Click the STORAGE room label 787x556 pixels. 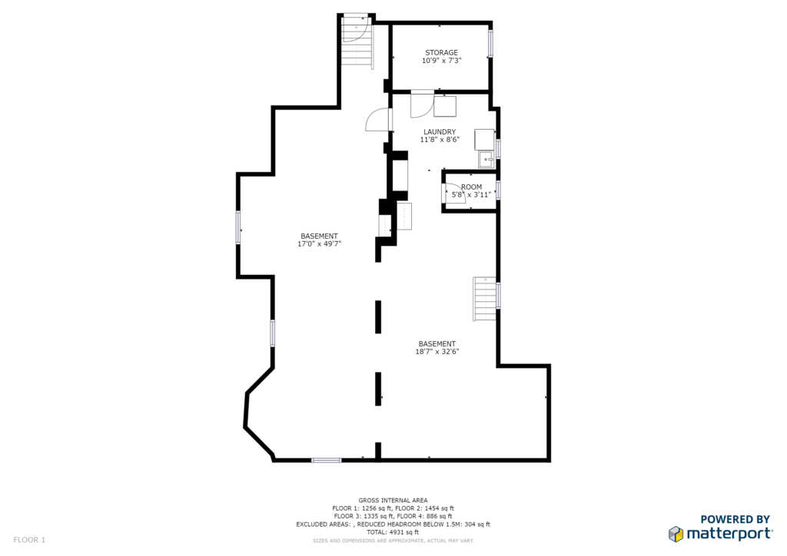coord(441,53)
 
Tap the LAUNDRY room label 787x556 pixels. coord(440,132)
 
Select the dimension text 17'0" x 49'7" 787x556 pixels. coord(319,244)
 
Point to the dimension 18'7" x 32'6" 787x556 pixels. coord(437,352)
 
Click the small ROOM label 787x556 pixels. coord(471,187)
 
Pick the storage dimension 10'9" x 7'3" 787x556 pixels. coord(442,61)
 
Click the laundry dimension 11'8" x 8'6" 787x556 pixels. coord(440,140)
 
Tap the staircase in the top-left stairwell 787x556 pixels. coord(357,42)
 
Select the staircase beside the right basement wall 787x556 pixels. coord(485,299)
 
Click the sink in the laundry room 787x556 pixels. coord(486,160)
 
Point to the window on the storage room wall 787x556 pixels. coord(491,43)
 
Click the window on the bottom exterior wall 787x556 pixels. coord(326,460)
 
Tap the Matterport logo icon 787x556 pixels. coord(676,534)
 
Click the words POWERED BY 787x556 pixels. coord(735,519)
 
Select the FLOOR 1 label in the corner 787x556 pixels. coord(29,540)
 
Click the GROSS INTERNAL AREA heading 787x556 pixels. coord(393,501)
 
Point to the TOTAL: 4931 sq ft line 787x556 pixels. coord(393,532)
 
